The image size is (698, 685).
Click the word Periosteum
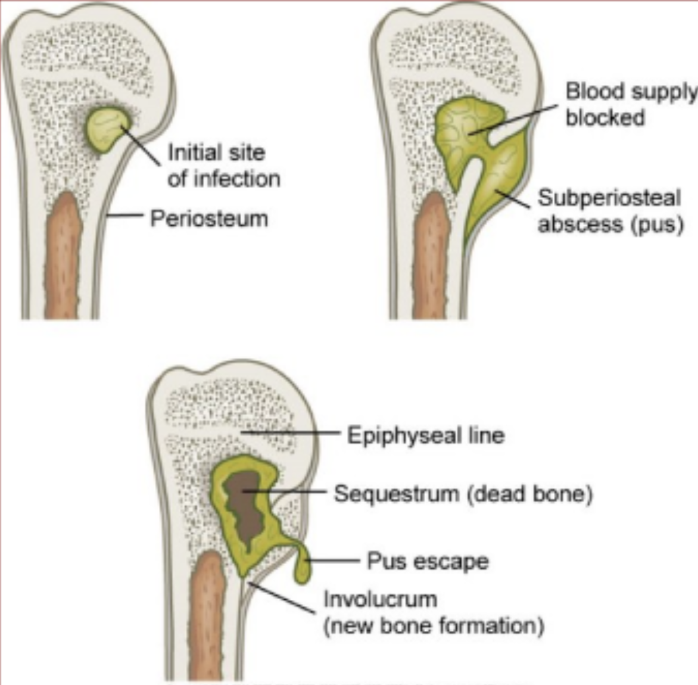point(208,219)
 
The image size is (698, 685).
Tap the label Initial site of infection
point(223,165)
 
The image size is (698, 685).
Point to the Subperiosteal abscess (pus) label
point(609,211)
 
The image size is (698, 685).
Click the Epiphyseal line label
point(425,435)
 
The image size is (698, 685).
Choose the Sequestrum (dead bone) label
point(463,494)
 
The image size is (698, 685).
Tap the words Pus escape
point(428,561)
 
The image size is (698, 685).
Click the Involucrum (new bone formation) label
point(433,612)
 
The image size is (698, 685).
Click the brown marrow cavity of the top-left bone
point(63,256)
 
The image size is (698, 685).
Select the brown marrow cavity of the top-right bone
point(431,256)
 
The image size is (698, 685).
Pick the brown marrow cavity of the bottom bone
point(206,614)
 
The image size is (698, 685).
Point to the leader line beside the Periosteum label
point(126,216)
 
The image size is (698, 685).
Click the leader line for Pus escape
point(334,560)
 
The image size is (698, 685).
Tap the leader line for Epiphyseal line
point(292,433)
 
